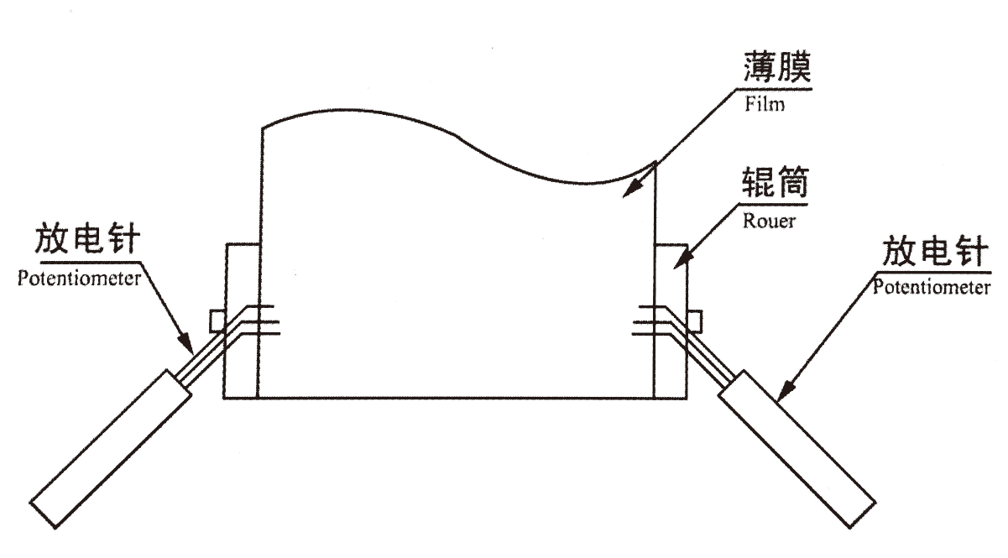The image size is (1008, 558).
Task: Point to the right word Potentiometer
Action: tap(931, 289)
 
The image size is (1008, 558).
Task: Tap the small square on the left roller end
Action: tap(217, 320)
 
